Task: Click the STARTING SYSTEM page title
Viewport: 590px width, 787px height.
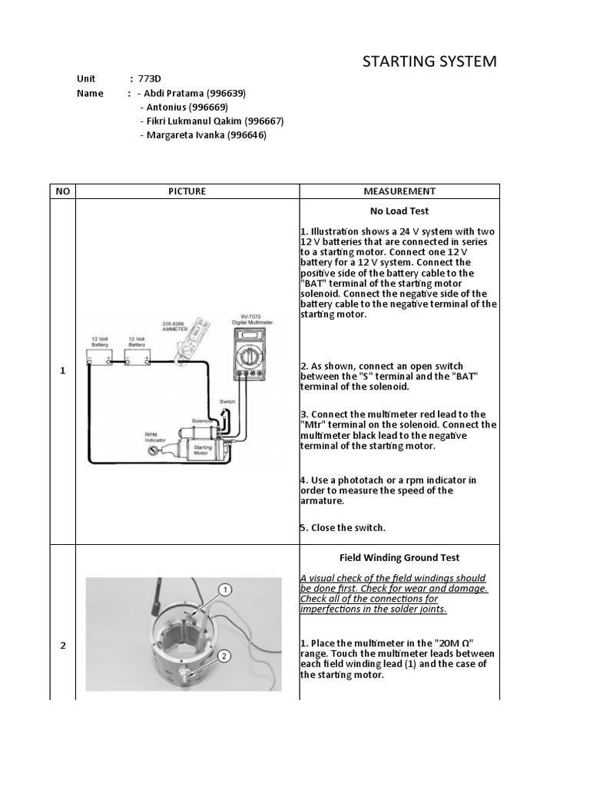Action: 429,61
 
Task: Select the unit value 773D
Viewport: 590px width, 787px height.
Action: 151,79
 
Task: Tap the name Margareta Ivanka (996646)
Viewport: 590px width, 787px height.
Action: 203,135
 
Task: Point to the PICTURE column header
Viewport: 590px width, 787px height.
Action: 187,191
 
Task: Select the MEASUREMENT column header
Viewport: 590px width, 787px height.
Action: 399,191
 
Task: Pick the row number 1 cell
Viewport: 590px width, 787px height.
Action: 62,371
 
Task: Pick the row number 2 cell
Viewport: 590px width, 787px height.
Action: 62,646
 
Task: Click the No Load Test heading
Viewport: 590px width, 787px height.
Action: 399,211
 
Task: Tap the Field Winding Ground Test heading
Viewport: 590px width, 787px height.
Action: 399,558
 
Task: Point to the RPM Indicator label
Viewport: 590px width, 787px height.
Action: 151,437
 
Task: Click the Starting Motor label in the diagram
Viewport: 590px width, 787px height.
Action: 204,450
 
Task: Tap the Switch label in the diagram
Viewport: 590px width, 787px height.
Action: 227,402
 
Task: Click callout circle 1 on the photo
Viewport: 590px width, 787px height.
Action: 225,590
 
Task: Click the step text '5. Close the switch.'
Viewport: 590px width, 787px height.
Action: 343,528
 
